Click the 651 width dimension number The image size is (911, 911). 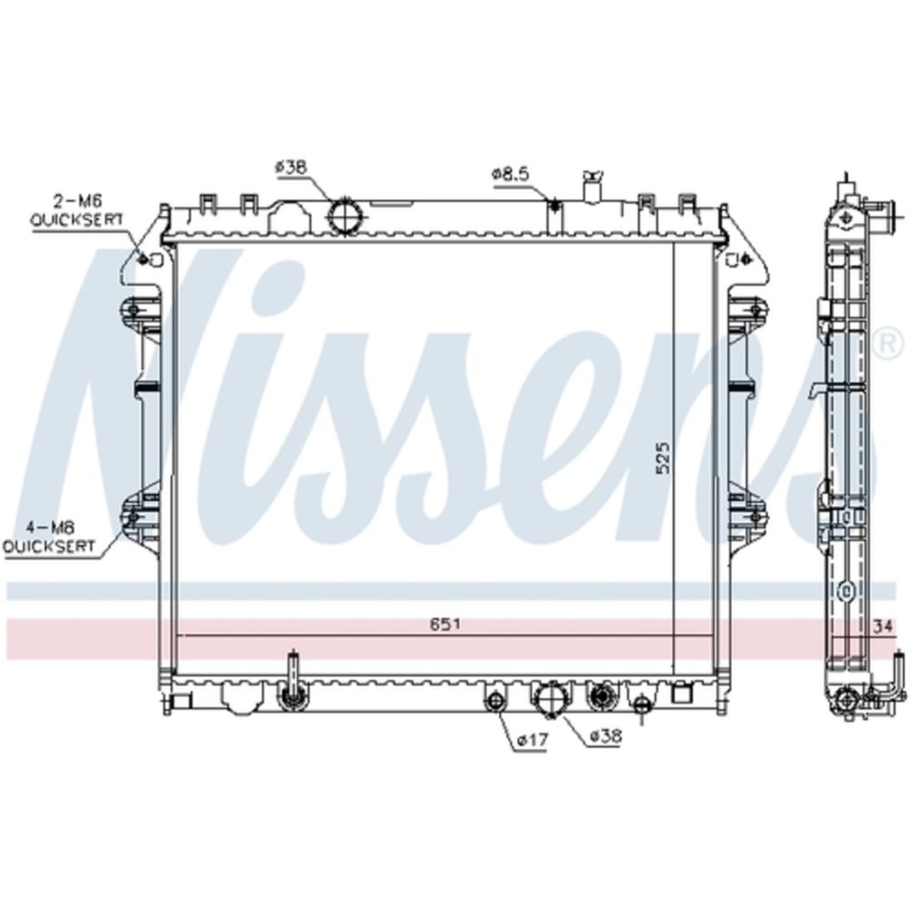tap(445, 625)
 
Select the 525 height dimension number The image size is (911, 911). tap(663, 458)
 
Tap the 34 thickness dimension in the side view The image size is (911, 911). tap(883, 627)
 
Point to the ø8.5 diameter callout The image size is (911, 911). tap(511, 174)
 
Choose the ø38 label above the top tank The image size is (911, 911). tap(291, 168)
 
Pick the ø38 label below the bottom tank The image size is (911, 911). tap(606, 736)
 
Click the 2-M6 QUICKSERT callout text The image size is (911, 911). tap(77, 210)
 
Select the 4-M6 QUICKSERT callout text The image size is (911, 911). tap(49, 537)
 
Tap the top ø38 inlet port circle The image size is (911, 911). tap(345, 217)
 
